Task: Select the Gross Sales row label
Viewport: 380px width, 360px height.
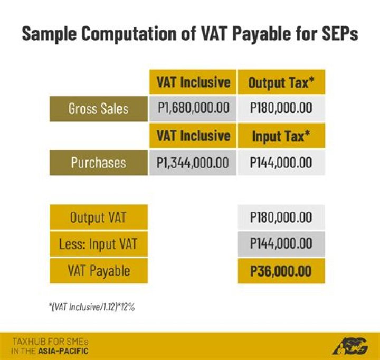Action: coord(98,109)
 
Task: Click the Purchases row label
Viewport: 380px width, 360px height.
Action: coord(98,162)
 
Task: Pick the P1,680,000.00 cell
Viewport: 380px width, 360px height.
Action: coord(193,109)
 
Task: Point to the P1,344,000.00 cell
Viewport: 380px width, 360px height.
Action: coord(193,162)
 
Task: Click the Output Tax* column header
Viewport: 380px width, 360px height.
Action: coord(281,82)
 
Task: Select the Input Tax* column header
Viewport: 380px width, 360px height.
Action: coord(281,136)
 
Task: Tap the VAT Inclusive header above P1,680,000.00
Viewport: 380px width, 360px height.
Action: coord(193,82)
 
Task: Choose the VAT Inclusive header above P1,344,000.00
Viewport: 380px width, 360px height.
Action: coord(193,136)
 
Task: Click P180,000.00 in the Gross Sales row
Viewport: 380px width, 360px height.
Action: coord(281,109)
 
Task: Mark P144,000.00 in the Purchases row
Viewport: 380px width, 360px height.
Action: coord(281,162)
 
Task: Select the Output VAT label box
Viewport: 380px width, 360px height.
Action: coord(98,217)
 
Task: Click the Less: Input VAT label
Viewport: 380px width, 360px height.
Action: coord(98,244)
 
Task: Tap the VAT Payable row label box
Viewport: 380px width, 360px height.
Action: coord(98,271)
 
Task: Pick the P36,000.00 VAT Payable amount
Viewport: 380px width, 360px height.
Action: coord(281,271)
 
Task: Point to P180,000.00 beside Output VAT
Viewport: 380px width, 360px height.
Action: coord(281,217)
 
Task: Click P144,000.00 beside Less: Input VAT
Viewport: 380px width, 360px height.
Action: coord(281,244)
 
